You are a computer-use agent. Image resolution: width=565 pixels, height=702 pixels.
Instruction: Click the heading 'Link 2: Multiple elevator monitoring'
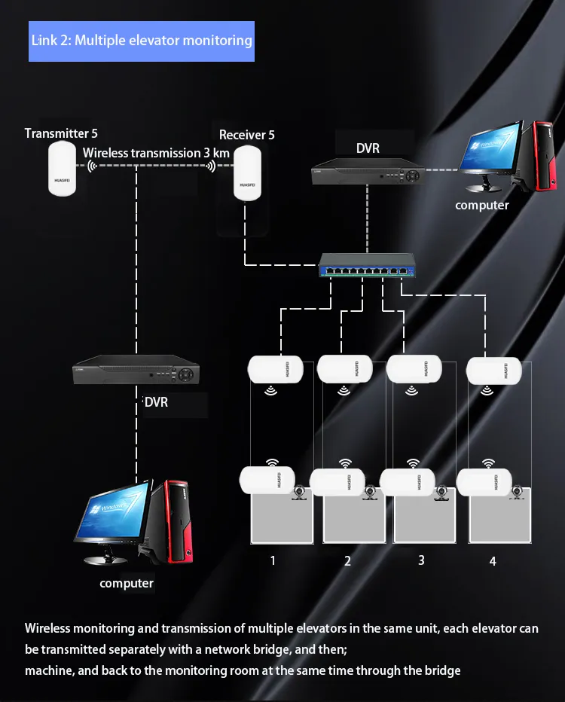coord(142,40)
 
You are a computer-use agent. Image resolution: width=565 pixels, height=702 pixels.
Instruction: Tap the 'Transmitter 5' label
coord(61,133)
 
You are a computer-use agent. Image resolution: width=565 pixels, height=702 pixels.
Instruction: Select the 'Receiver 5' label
coord(246,135)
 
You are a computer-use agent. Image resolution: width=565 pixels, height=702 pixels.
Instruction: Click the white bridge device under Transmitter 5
coord(63,169)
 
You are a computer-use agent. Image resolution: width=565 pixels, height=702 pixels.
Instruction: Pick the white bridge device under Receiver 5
coord(247,173)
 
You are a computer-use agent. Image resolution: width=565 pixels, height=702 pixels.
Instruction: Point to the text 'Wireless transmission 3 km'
coord(156,153)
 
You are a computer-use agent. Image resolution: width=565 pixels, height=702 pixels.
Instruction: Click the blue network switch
coord(367,264)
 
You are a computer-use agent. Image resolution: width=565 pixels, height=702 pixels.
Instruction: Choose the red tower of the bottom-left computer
coord(177,520)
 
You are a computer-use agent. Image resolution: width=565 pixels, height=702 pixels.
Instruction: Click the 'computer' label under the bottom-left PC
coord(127,583)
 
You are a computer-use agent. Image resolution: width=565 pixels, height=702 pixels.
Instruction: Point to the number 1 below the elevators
coord(273,560)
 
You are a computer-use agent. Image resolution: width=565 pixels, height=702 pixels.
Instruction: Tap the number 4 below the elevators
coord(493,561)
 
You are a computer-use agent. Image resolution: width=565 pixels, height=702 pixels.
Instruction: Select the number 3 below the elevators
coord(421,560)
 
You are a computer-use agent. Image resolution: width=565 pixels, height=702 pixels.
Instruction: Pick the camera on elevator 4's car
coord(519,492)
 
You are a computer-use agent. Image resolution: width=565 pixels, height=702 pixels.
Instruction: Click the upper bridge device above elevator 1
coord(276,369)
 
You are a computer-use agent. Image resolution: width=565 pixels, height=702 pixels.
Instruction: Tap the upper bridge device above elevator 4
coord(495,369)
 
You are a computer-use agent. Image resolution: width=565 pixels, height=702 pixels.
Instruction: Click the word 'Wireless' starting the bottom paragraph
coord(50,628)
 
